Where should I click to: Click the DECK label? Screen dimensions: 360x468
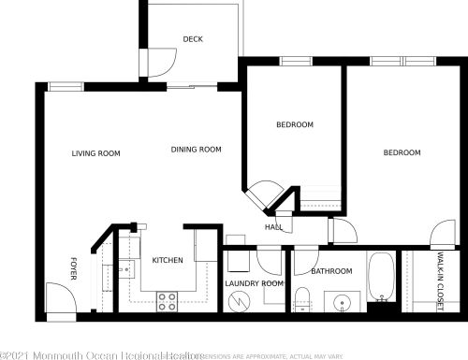193,39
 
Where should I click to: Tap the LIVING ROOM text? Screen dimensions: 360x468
96,153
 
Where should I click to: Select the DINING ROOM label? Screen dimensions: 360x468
196,150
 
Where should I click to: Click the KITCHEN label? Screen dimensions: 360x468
168,260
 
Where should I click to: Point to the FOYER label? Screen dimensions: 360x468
73,268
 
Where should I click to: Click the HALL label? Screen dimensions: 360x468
274,227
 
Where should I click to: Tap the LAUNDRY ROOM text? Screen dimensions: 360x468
254,283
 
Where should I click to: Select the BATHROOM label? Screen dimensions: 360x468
331,271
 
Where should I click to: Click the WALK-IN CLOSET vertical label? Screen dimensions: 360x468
440,281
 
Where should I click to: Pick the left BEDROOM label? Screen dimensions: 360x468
294,125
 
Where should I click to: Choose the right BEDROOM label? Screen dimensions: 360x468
402,152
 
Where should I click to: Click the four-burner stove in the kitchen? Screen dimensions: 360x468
168,301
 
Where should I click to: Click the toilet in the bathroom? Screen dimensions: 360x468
302,300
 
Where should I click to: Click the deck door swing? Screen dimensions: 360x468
154,60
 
